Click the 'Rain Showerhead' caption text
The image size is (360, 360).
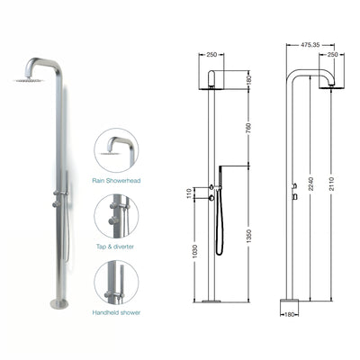(x=116, y=179)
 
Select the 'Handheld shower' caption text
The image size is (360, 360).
(x=116, y=312)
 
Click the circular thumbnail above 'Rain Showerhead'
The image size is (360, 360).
(x=116, y=150)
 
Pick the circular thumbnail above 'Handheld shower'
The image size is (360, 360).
(x=116, y=282)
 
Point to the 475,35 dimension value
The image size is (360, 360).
(x=311, y=43)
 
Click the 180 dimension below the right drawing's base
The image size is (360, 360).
(x=290, y=316)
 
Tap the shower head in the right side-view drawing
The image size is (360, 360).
(x=330, y=84)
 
